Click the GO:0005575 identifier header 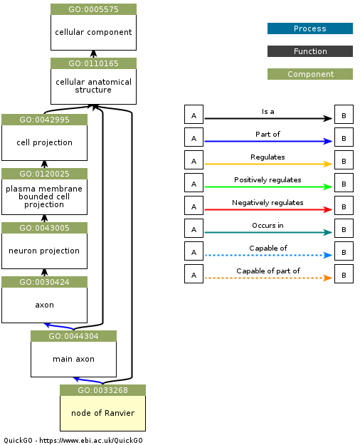point(93,9)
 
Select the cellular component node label point(93,32)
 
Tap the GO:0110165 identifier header point(93,63)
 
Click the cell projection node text point(44,142)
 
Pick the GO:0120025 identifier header point(44,174)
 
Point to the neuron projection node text point(44,251)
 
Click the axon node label point(44,305)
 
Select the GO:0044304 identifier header point(73,336)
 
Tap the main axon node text point(73,359)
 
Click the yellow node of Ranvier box point(102,413)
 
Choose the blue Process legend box point(309,28)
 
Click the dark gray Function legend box point(309,51)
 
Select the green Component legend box point(309,74)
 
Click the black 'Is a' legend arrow point(268,119)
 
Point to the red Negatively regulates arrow point(268,210)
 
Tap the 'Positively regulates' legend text point(268,179)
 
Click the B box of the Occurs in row point(344,229)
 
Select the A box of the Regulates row point(194,160)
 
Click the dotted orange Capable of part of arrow point(268,278)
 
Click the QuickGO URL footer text point(73,440)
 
